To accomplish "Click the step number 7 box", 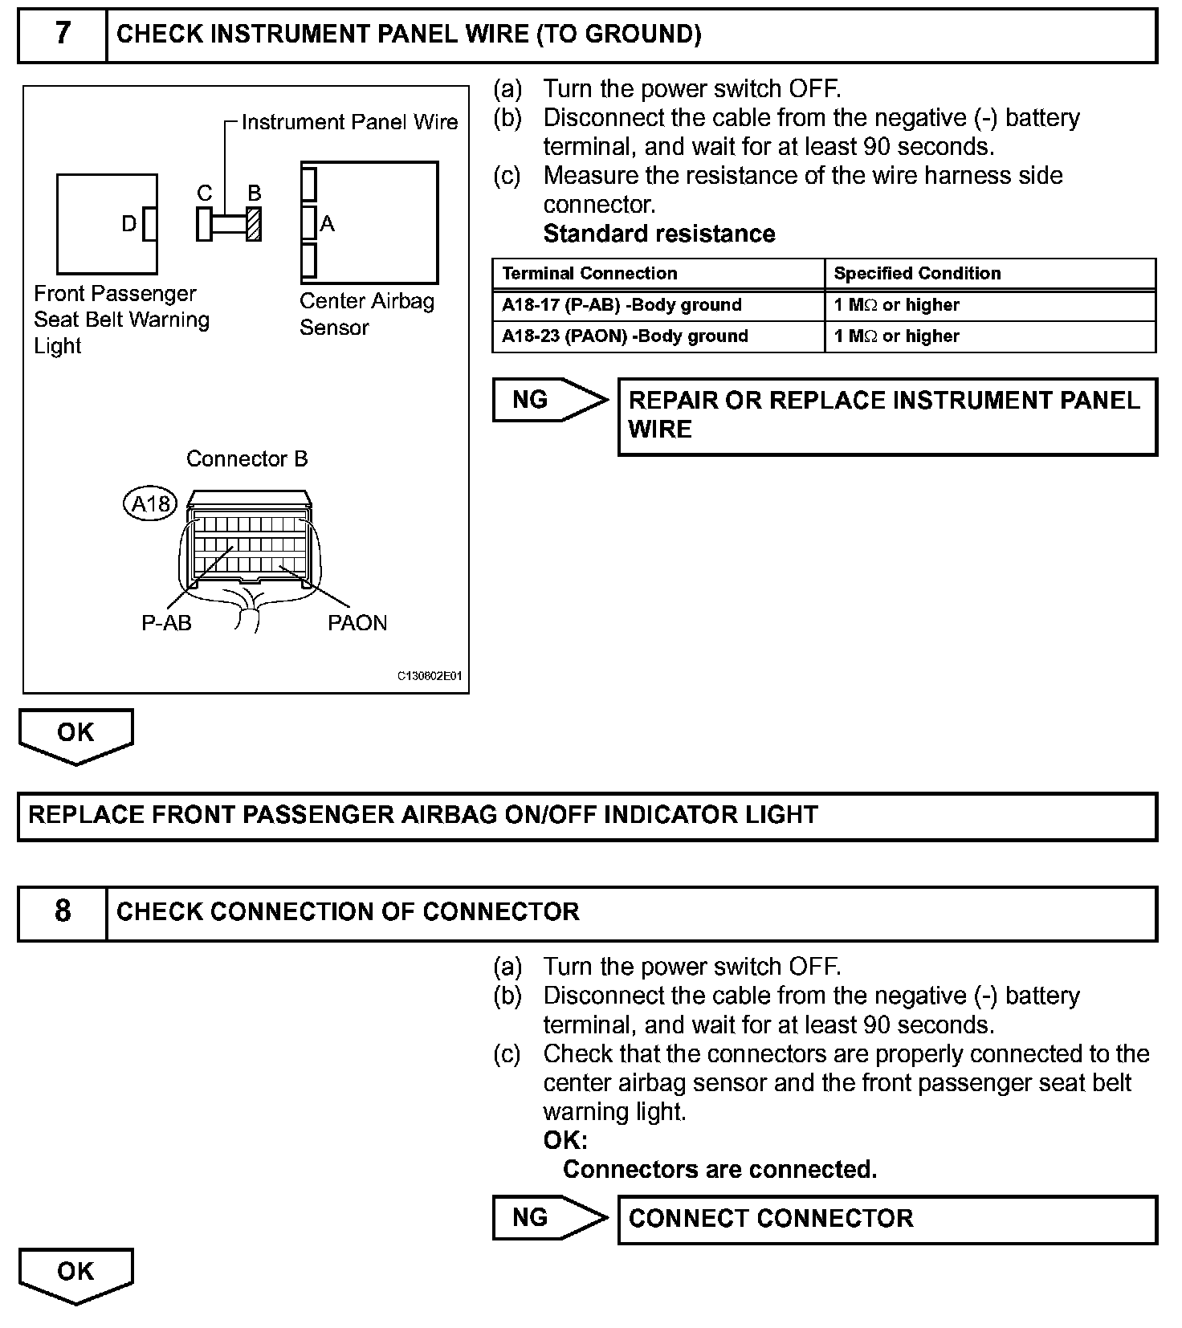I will [63, 34].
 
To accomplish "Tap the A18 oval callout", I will [150, 504].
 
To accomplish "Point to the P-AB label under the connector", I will [166, 623].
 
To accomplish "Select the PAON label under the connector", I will [357, 623].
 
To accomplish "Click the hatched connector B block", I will [254, 224].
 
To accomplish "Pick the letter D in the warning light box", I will [128, 224].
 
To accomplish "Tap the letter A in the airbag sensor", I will [327, 224].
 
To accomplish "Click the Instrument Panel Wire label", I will [349, 122].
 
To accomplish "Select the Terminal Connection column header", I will [589, 273].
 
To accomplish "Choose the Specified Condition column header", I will [917, 273].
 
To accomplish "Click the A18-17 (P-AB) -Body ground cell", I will [622, 305].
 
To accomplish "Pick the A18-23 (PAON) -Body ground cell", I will [625, 336].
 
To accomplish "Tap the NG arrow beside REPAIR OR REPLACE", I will [549, 400].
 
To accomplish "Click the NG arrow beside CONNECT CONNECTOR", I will [549, 1218].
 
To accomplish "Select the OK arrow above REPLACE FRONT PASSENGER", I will [75, 734].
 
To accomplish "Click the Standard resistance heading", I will [659, 234].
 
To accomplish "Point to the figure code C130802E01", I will [430, 676].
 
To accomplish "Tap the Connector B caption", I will [247, 458].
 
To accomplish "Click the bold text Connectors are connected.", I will [719, 1169].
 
